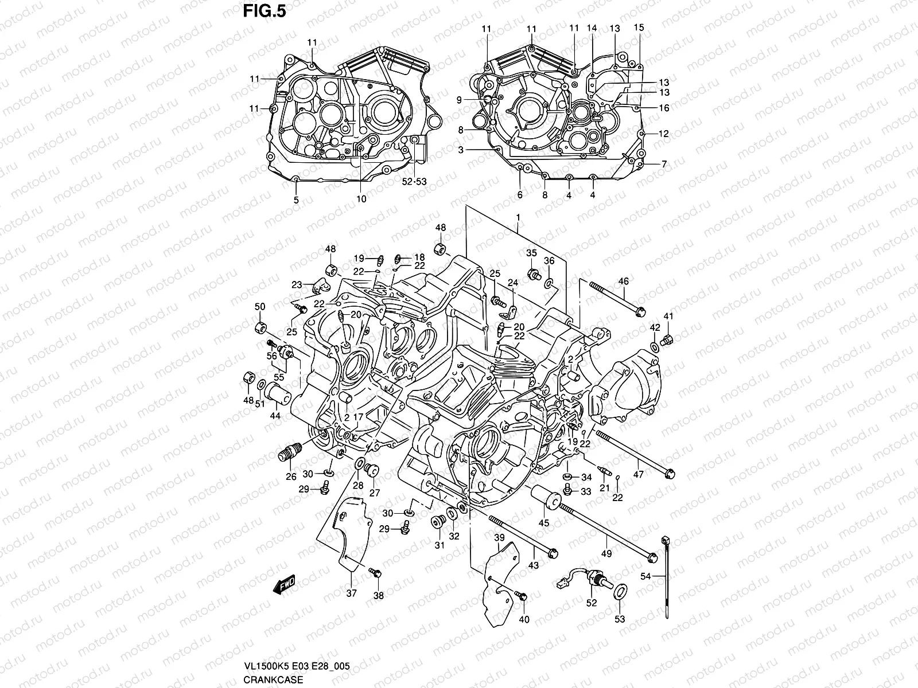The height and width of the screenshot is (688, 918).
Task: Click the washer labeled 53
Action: click(620, 592)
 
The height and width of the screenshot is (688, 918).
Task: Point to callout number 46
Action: click(623, 281)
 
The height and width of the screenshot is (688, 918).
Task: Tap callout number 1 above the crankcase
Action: click(518, 217)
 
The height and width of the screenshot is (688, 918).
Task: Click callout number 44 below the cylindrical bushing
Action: click(275, 416)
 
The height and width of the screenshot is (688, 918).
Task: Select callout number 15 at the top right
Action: click(639, 27)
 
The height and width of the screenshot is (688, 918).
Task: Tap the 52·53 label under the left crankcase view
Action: click(414, 182)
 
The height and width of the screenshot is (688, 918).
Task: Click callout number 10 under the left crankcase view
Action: click(361, 199)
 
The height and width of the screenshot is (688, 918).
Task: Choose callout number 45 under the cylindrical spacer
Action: click(543, 522)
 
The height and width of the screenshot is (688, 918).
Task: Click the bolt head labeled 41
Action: click(667, 341)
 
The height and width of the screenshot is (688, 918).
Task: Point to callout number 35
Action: click(531, 253)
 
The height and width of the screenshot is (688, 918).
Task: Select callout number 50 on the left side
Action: click(259, 307)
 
